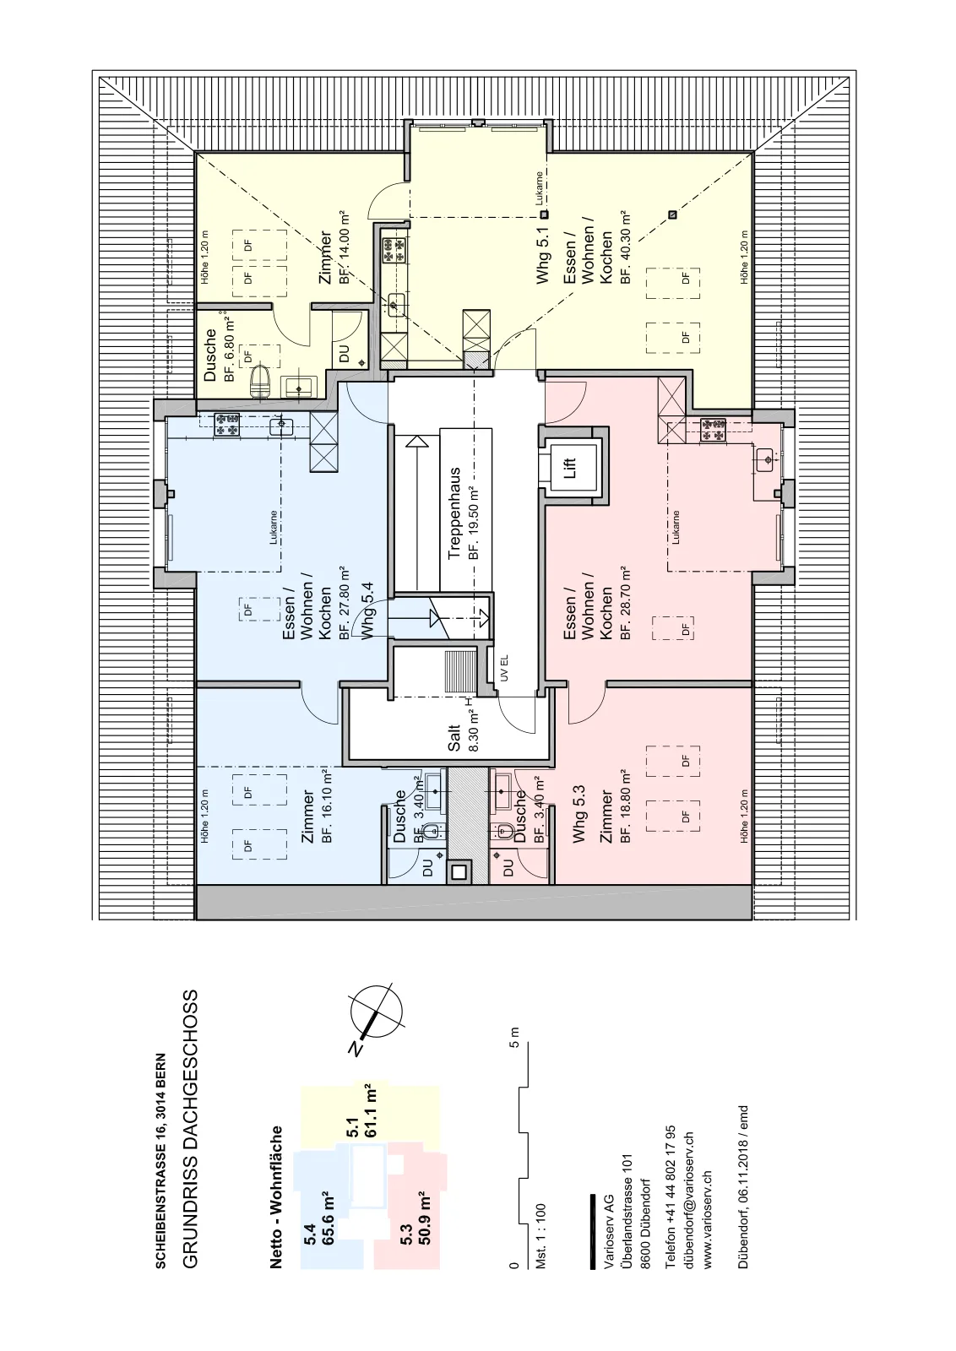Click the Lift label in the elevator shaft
pyautogui.click(x=570, y=468)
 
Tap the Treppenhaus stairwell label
pyautogui.click(x=455, y=514)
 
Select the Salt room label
pyautogui.click(x=455, y=737)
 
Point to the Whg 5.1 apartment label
pyautogui.click(x=543, y=254)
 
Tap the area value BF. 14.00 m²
pyautogui.click(x=344, y=247)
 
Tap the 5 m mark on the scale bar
pyautogui.click(x=513, y=1038)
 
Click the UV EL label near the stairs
pyautogui.click(x=504, y=670)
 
